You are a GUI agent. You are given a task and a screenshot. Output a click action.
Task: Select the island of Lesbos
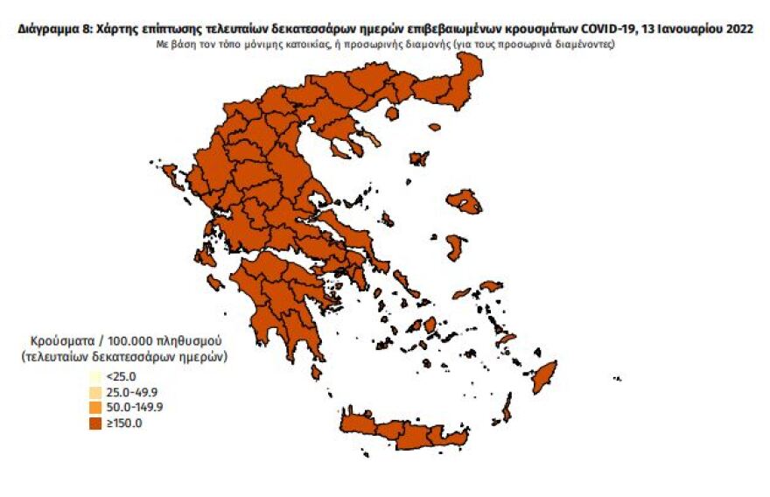465,202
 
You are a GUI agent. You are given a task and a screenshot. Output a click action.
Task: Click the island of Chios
455,247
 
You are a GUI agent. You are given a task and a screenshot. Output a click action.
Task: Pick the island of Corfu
170,178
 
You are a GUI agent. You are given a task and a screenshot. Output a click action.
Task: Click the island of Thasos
391,113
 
